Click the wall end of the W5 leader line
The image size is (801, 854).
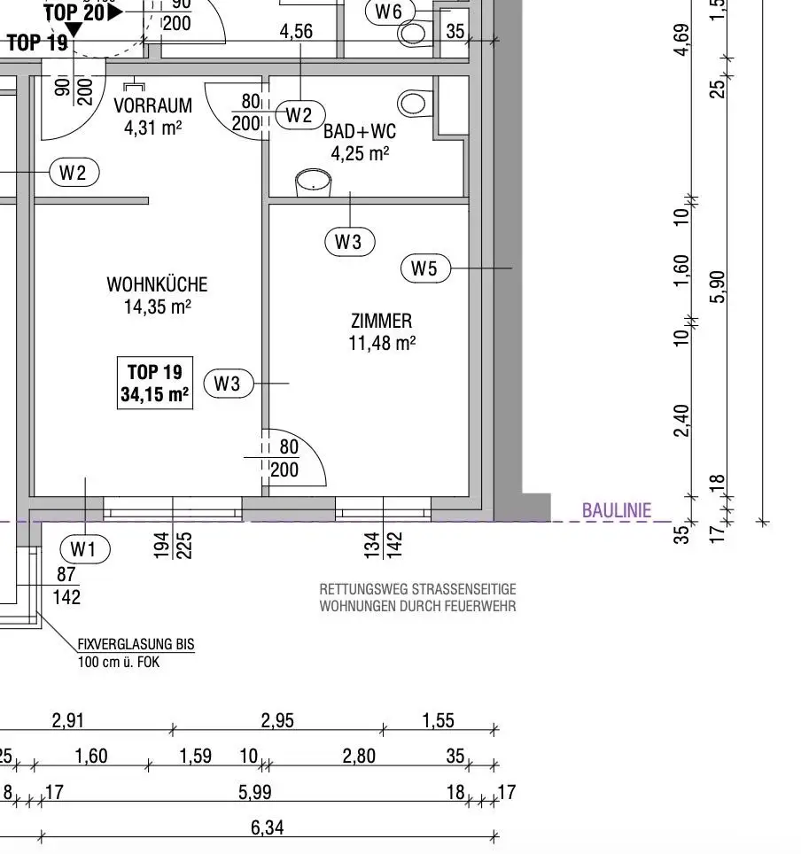pos(512,268)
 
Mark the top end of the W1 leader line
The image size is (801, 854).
pos(86,478)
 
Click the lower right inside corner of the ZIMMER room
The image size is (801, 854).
pos(469,495)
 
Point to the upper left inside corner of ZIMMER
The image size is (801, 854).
pos(269,205)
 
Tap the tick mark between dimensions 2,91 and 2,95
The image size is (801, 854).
pos(173,730)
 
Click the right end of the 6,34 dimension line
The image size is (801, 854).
pos(494,836)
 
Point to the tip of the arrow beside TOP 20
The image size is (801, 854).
pos(123,12)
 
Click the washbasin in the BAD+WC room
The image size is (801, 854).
pos(314,182)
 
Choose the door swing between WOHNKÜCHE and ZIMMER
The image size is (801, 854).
pos(294,457)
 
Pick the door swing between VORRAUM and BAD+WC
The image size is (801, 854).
pos(237,112)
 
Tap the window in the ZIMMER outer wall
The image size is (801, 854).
pos(383,509)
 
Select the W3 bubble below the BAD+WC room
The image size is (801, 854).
pos(350,242)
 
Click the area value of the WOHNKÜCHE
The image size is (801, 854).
pos(158,307)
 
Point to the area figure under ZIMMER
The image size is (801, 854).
pos(382,343)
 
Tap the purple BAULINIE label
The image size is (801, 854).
pos(617,511)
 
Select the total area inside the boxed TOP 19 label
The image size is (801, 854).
pos(155,394)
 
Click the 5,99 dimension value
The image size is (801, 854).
pos(255,792)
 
